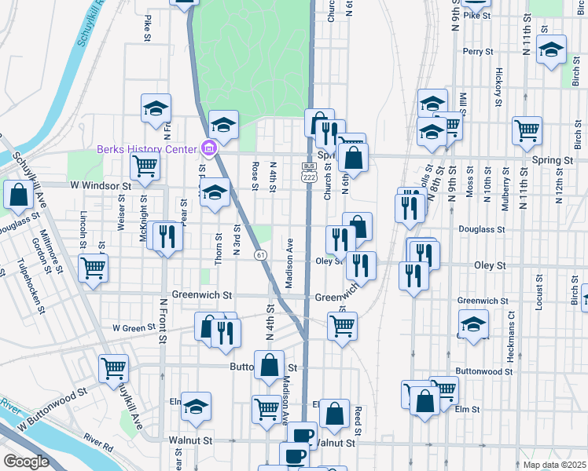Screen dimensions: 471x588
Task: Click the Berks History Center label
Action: (147, 150)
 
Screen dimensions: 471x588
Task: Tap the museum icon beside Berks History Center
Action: (208, 148)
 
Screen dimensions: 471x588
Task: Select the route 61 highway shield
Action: (259, 255)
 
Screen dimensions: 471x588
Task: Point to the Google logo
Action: (26, 462)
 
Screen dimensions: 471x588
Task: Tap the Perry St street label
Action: (477, 52)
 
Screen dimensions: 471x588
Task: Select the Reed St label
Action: (358, 422)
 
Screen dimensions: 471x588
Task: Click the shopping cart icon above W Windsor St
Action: (145, 166)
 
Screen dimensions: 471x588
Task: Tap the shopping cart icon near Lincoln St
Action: (94, 268)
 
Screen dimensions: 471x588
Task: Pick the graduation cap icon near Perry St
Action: (552, 49)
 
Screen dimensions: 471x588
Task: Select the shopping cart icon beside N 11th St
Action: (527, 130)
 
